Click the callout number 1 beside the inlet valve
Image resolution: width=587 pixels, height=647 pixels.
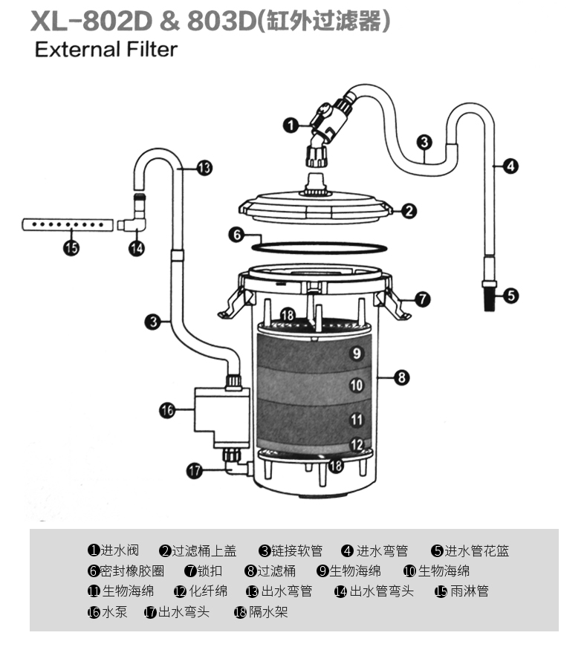coord(291,125)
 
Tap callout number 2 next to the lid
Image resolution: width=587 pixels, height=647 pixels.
coord(409,211)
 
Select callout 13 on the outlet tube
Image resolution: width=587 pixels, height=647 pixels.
coord(204,169)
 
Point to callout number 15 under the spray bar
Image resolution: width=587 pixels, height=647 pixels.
coord(71,248)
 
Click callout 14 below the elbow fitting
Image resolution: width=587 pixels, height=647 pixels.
coord(137,248)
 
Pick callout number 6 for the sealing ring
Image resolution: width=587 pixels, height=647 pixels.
coord(236,235)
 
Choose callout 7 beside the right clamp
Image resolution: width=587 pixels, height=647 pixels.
coord(422,299)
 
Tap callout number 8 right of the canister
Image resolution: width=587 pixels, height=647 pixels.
coord(401,377)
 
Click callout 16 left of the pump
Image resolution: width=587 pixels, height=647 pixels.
coord(167,410)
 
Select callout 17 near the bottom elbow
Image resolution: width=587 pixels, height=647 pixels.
coord(195,470)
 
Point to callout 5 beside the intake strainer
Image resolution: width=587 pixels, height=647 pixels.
coord(510,296)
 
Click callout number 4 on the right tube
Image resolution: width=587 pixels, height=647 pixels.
coord(510,166)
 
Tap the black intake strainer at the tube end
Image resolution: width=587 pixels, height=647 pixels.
coord(489,296)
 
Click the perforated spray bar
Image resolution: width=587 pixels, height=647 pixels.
coord(68,225)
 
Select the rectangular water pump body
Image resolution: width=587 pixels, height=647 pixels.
coord(222,417)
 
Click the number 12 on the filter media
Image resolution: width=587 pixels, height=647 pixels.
coord(356,444)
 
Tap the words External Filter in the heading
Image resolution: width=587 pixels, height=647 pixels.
coord(106,50)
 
